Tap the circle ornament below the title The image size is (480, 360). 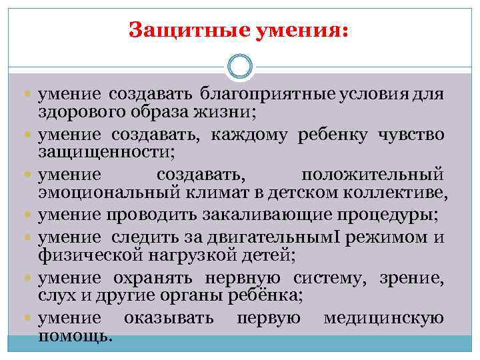[240, 67]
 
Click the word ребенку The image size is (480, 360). [329, 135]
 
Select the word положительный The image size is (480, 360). [372, 176]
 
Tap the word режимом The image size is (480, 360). [384, 237]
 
